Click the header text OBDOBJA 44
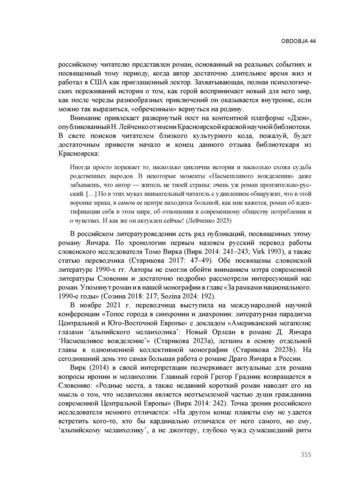(x=298, y=41)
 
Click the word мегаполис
(x=296, y=323)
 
